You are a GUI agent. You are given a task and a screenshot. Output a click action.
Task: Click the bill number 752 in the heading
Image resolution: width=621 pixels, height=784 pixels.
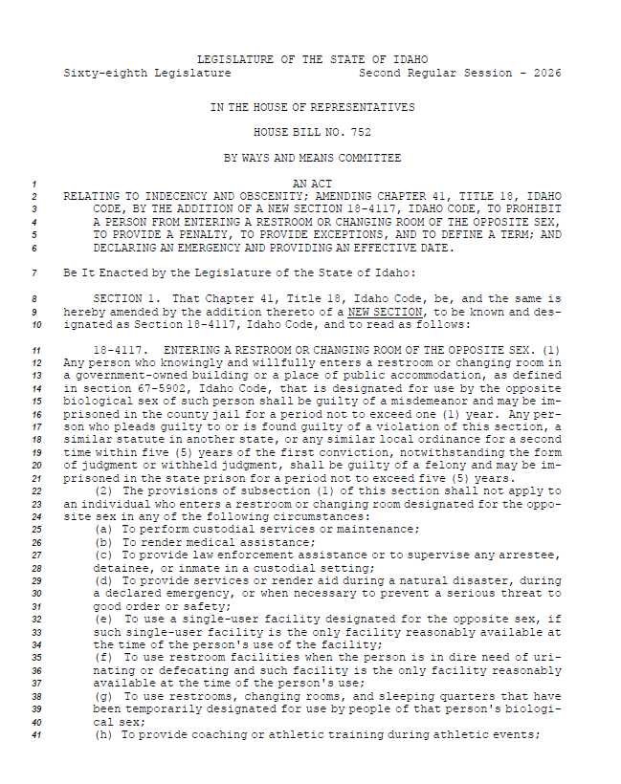pos(361,132)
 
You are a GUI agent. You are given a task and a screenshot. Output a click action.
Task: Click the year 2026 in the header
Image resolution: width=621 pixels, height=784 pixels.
pos(547,73)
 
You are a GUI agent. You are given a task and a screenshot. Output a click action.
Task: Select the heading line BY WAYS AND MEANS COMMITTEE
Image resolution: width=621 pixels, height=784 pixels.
pos(312,157)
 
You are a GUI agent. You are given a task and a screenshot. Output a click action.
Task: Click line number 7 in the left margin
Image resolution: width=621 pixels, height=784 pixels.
pos(34,272)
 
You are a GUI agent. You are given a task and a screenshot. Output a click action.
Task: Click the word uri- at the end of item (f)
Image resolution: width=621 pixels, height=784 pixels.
pos(547,658)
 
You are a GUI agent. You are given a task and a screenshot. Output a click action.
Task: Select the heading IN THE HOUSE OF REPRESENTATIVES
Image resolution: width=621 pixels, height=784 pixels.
pos(312,107)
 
